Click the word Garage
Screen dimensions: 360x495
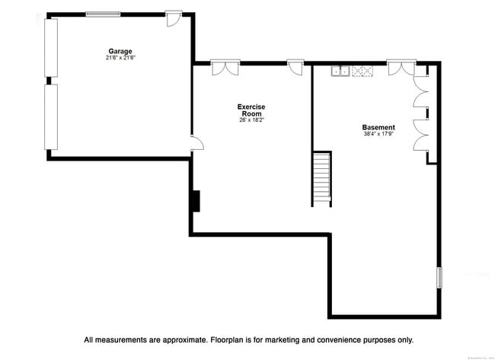coord(120,52)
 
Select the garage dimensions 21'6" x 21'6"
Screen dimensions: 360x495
coord(120,58)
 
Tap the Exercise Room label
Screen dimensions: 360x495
coord(251,110)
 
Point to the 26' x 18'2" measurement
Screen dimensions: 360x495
coord(251,119)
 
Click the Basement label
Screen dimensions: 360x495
coord(378,127)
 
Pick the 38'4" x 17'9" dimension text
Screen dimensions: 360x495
coord(378,134)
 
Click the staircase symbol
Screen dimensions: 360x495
coord(322,178)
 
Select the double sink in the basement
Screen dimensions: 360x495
coord(340,72)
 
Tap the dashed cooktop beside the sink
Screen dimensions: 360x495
coord(362,72)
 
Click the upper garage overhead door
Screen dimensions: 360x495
coord(51,47)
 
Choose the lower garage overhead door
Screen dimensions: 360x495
coord(51,116)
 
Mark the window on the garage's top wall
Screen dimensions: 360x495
coord(106,14)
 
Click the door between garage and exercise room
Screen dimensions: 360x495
coord(196,143)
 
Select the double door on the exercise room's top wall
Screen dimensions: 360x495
coord(225,68)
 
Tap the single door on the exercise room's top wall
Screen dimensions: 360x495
coord(295,68)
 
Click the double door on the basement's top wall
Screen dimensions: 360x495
coord(399,68)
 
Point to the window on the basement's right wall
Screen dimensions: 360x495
coord(439,276)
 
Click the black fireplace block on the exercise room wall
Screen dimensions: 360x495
coord(196,201)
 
